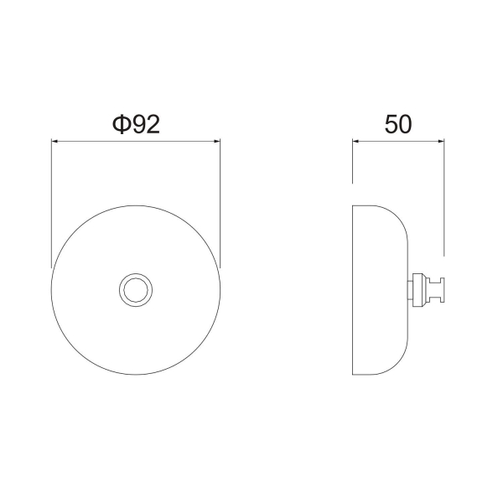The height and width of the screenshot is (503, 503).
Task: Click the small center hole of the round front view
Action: pyautogui.click(x=135, y=289)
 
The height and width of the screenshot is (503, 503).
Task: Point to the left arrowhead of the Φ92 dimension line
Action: pyautogui.click(x=55, y=142)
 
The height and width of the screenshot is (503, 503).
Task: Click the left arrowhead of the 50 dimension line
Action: pyautogui.click(x=356, y=142)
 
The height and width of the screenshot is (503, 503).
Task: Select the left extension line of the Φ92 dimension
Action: pyautogui.click(x=52, y=201)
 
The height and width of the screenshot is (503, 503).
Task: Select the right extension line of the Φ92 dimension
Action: pyautogui.click(x=220, y=201)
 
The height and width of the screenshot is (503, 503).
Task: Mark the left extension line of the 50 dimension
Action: pyautogui.click(x=353, y=163)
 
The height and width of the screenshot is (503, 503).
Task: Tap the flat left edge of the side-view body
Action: pyautogui.click(x=353, y=289)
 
